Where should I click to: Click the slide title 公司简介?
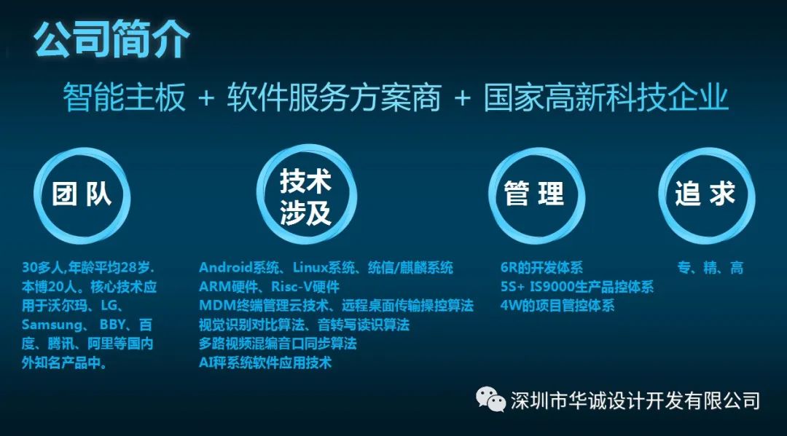pos(111,38)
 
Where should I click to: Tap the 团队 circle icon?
pos(82,196)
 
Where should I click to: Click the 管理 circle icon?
pos(535,196)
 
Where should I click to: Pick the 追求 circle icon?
pos(705,196)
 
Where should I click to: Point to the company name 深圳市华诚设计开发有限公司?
pos(635,400)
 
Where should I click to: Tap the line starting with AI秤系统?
pos(265,362)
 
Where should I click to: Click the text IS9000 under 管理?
pos(560,287)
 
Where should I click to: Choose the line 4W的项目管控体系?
pos(557,306)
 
